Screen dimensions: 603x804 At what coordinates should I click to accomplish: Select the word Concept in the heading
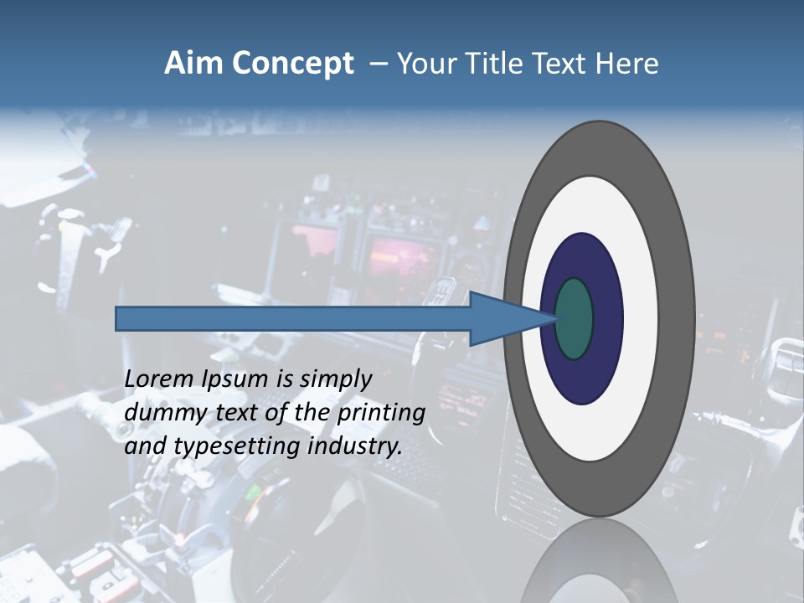(292, 64)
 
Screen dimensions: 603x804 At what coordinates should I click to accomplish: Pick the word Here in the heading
(629, 64)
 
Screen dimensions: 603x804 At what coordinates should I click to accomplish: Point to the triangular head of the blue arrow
(502, 318)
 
